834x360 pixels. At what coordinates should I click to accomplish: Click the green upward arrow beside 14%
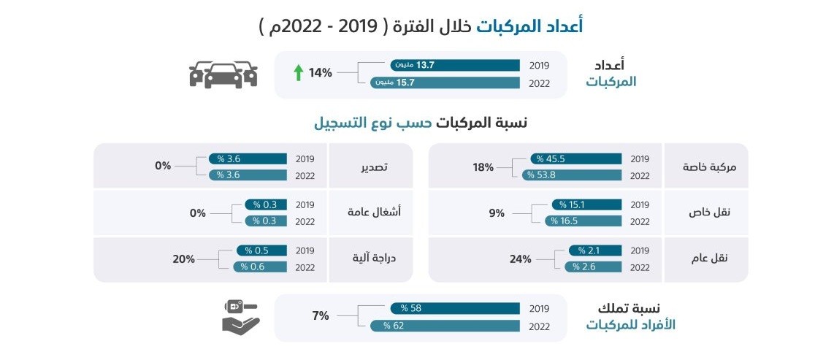298,73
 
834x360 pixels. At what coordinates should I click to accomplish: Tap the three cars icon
223,74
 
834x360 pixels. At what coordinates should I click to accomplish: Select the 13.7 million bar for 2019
455,65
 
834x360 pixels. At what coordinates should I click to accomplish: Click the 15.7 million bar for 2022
445,83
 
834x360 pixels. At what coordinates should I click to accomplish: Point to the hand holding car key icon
241,318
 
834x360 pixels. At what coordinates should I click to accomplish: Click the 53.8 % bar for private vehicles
571,175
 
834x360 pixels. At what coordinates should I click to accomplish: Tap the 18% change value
483,167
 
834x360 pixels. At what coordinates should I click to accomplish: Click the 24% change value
521,258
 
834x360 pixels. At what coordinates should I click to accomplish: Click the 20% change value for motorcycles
184,258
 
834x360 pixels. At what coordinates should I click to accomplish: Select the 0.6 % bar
260,267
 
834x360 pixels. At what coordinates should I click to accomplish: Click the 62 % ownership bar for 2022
445,325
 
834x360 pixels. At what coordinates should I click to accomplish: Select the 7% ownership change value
321,315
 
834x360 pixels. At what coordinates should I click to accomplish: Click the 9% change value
497,213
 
